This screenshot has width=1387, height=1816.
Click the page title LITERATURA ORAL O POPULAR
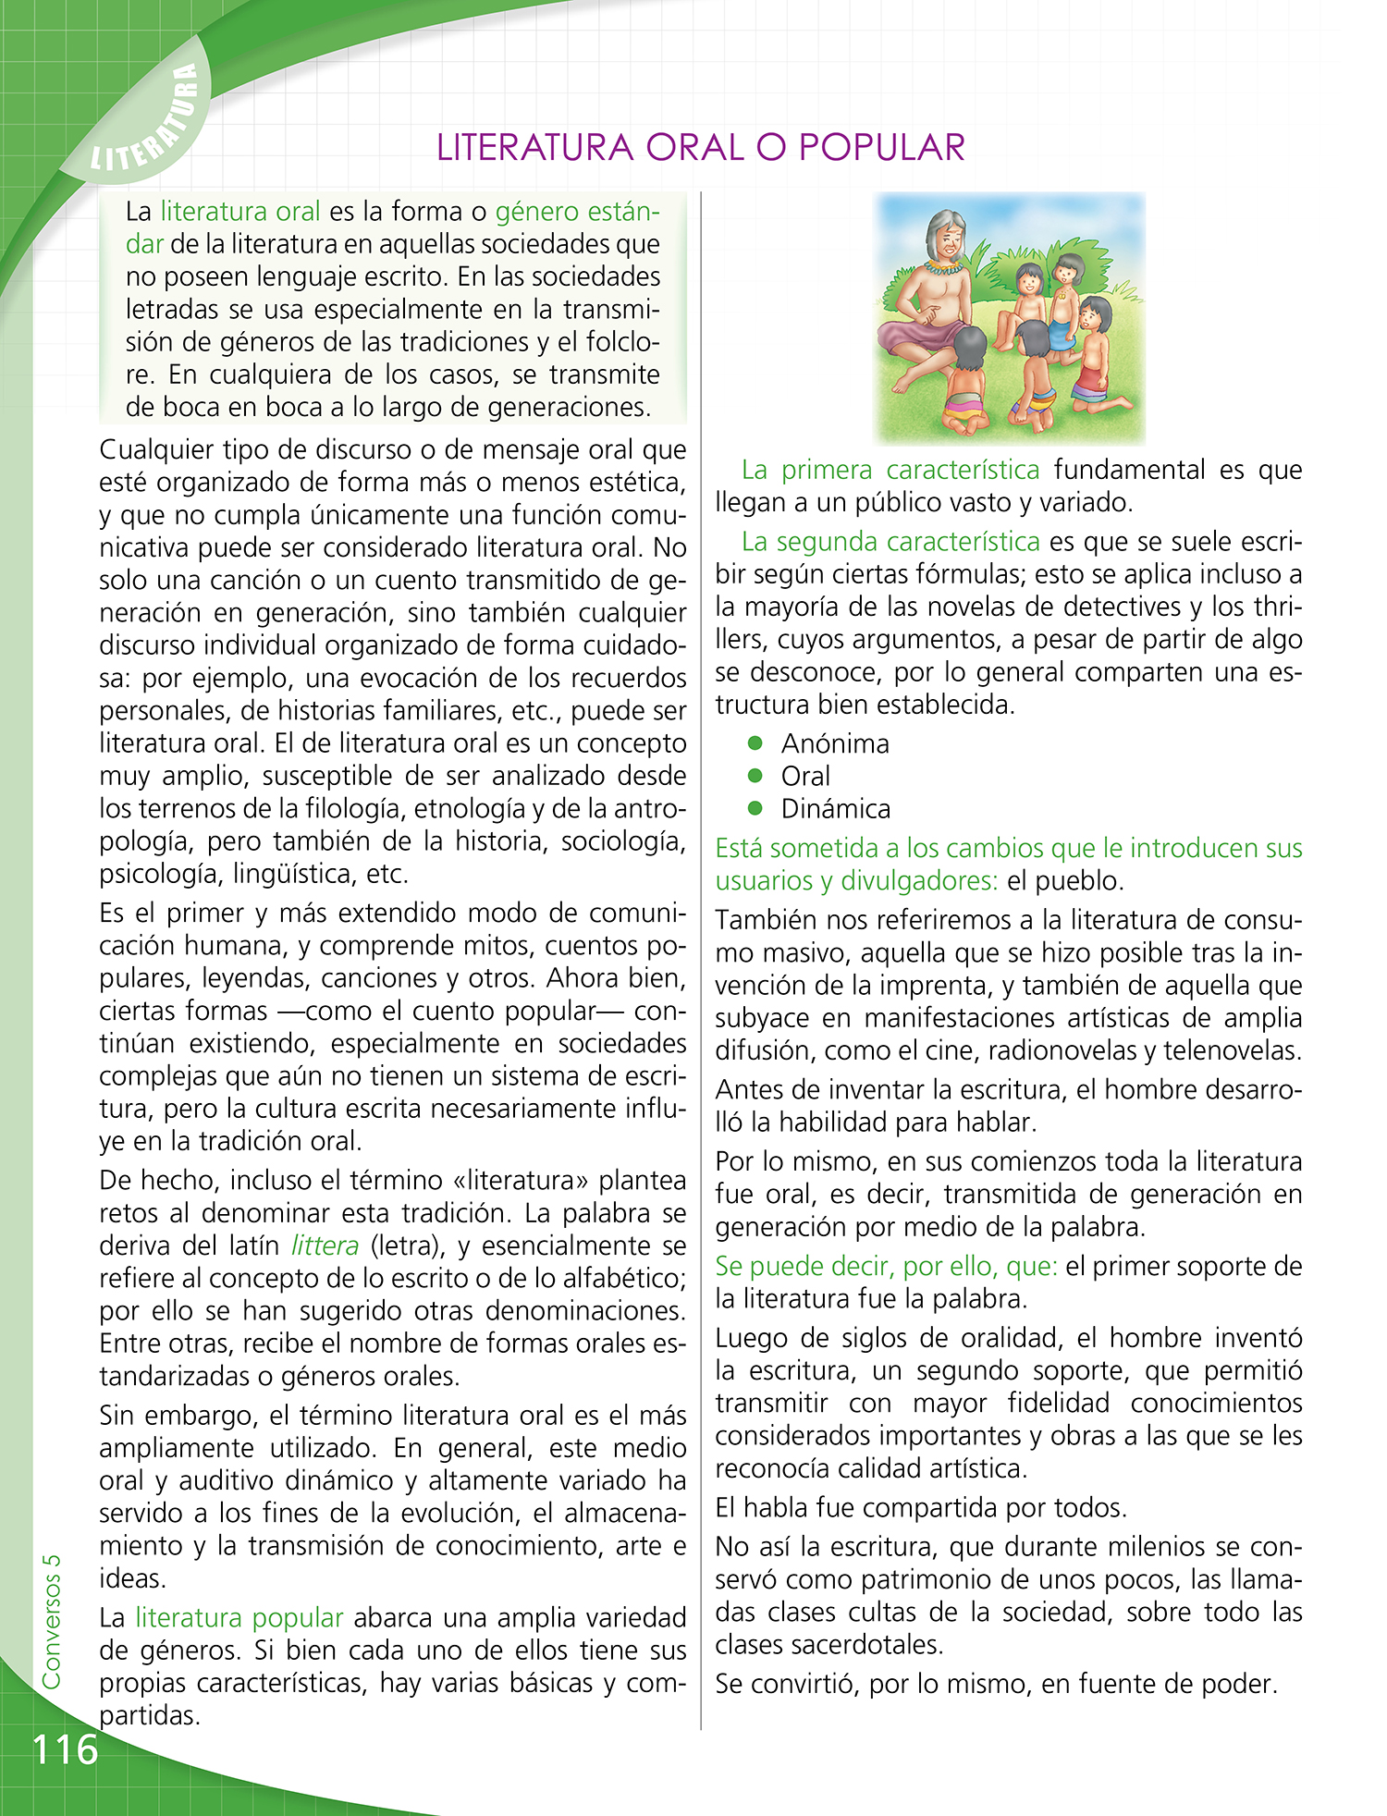(700, 148)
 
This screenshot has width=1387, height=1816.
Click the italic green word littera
(325, 1246)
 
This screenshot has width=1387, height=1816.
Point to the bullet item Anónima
(834, 744)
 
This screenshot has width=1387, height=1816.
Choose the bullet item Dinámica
(835, 809)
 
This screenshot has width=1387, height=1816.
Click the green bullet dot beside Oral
(755, 776)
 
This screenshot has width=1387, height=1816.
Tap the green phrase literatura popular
(239, 1618)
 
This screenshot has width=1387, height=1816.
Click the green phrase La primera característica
(890, 470)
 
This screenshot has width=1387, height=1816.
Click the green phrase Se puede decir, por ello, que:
(886, 1267)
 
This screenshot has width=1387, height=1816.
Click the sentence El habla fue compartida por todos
(921, 1508)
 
